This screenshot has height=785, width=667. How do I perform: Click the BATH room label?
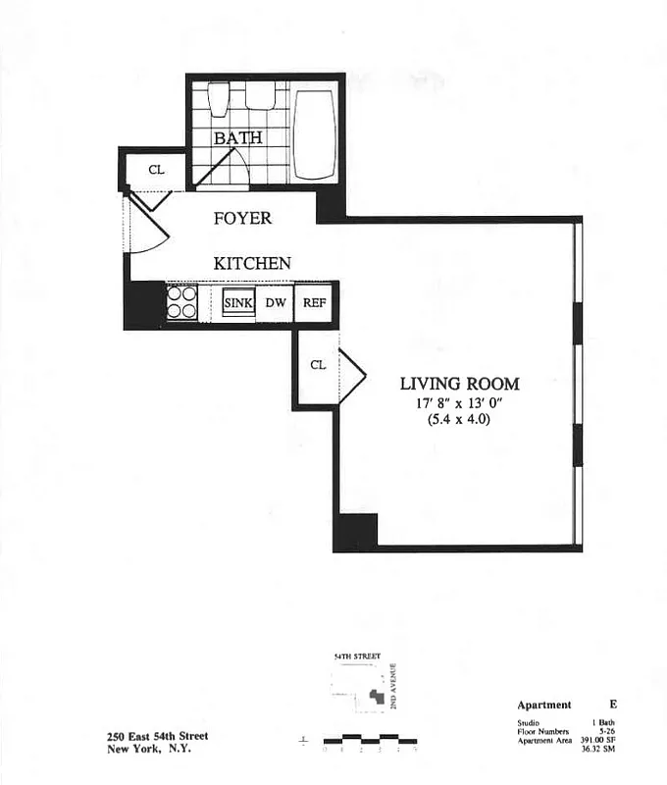pyautogui.click(x=238, y=138)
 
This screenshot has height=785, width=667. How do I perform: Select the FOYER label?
pyautogui.click(x=242, y=218)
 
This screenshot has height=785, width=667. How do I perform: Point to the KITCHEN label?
pyautogui.click(x=252, y=263)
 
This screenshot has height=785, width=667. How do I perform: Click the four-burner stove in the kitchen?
pyautogui.click(x=181, y=302)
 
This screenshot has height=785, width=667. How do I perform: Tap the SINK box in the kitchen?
pyautogui.click(x=238, y=303)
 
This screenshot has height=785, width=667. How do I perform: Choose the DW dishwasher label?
pyautogui.click(x=276, y=303)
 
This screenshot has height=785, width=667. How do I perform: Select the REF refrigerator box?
pyautogui.click(x=314, y=303)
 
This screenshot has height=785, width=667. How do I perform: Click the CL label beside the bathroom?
pyautogui.click(x=155, y=170)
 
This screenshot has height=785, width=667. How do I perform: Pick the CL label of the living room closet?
pyautogui.click(x=317, y=365)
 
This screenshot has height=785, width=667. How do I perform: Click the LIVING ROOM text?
pyautogui.click(x=459, y=384)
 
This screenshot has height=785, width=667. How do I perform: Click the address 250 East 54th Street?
pyautogui.click(x=157, y=737)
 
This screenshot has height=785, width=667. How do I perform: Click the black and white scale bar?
pyautogui.click(x=370, y=739)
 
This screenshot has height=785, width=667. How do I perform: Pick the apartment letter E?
pyautogui.click(x=613, y=705)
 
